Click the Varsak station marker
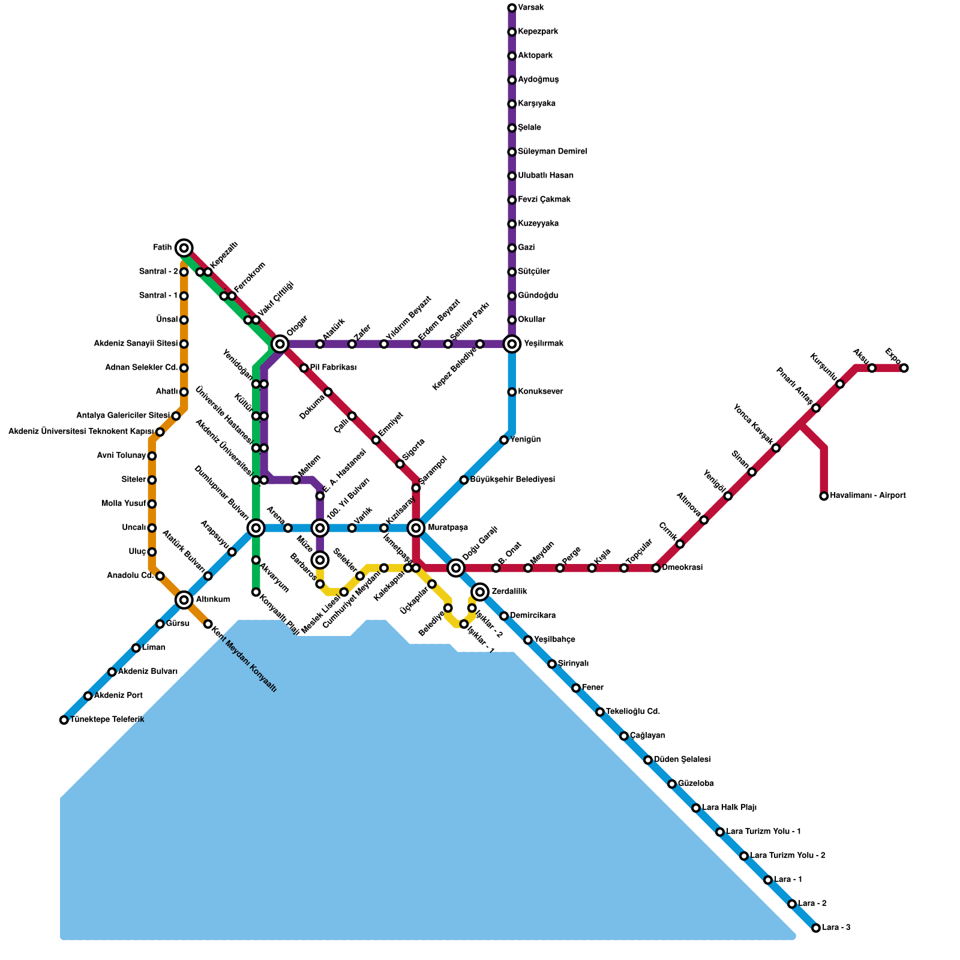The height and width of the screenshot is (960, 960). tap(512, 8)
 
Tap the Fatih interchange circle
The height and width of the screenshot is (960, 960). tap(184, 248)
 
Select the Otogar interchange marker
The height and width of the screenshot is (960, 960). tap(280, 344)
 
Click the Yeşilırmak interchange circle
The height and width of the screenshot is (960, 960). tap(512, 344)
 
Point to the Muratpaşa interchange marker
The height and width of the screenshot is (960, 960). tap(416, 528)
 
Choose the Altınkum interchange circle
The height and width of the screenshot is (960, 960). tap(184, 600)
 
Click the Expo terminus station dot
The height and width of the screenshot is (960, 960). tap(904, 368)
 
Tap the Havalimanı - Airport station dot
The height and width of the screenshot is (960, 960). tap(824, 496)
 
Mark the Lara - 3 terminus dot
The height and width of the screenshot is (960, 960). tap(816, 928)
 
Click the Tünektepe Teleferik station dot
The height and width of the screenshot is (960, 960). tap(64, 720)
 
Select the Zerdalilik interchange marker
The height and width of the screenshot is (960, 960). tap(480, 592)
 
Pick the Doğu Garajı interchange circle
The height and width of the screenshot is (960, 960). tap(456, 568)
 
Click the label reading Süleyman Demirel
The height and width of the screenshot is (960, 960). tap(552, 152)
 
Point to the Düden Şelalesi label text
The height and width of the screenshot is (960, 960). tap(682, 760)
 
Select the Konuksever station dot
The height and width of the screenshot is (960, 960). tap(512, 392)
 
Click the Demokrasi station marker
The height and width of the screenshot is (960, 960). tap(656, 568)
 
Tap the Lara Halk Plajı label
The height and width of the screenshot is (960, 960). tap(729, 808)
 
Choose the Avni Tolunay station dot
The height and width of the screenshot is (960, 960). tap(152, 456)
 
